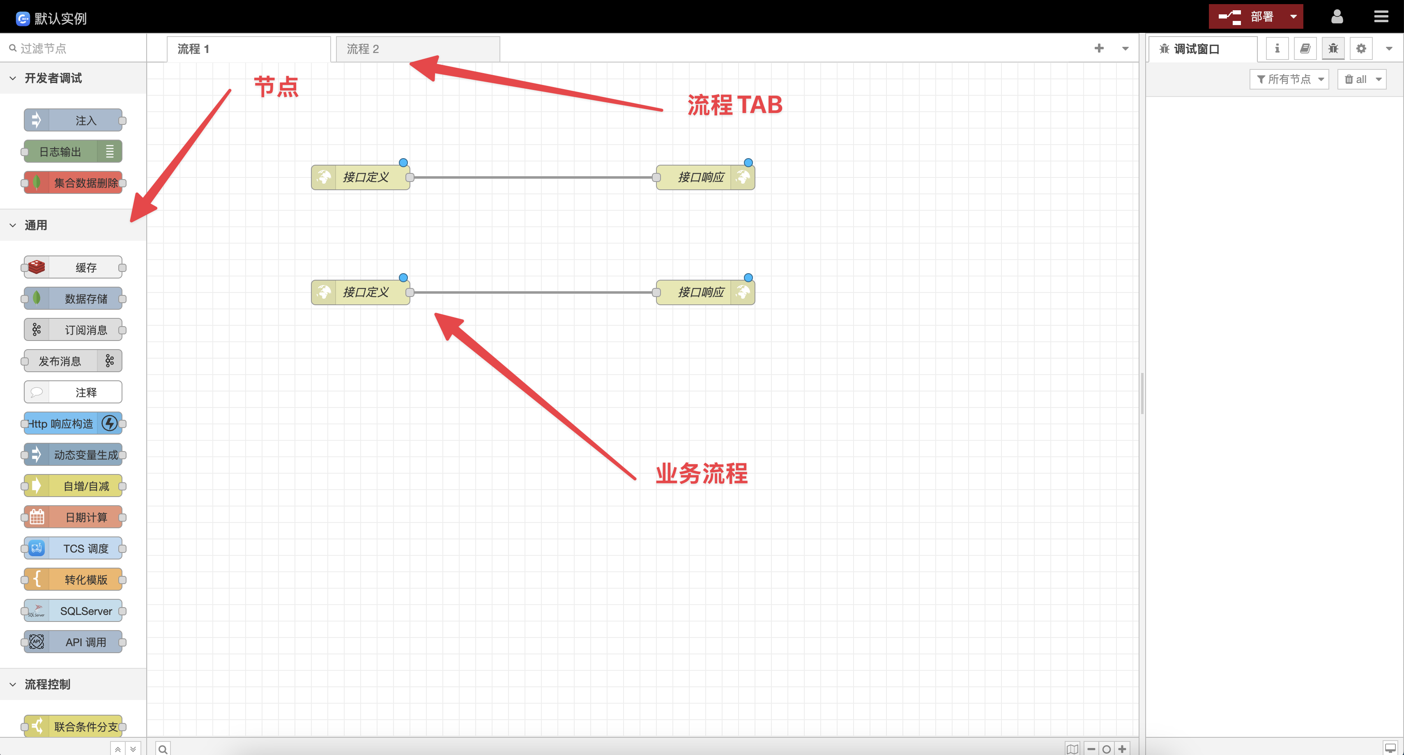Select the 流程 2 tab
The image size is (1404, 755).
pyautogui.click(x=417, y=49)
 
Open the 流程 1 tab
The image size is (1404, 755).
pyautogui.click(x=249, y=49)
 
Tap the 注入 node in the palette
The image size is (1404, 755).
pyautogui.click(x=74, y=120)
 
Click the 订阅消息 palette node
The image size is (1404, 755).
pyautogui.click(x=74, y=330)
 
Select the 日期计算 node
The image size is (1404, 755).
pyautogui.click(x=74, y=517)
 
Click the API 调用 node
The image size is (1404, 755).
pyautogui.click(x=74, y=642)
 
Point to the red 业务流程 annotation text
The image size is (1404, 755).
pyautogui.click(x=702, y=473)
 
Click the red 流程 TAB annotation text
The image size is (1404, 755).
pyautogui.click(x=735, y=105)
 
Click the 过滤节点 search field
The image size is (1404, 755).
pyautogui.click(x=76, y=48)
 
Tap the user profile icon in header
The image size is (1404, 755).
pyautogui.click(x=1337, y=17)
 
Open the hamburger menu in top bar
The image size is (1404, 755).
pyautogui.click(x=1381, y=17)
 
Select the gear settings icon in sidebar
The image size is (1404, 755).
pyautogui.click(x=1361, y=49)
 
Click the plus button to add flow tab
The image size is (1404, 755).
pyautogui.click(x=1099, y=48)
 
